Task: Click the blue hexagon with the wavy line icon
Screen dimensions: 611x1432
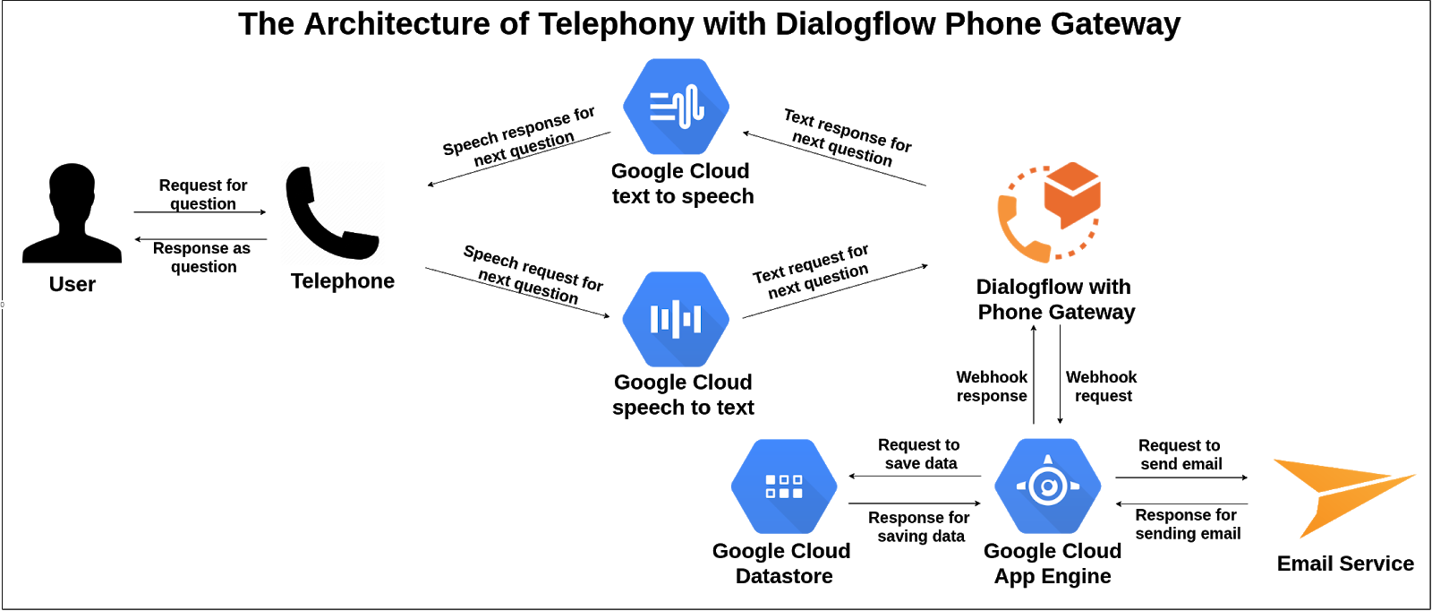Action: coord(676,107)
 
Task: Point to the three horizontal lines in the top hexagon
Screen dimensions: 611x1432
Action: coord(662,106)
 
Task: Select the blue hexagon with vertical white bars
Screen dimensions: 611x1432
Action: coord(676,319)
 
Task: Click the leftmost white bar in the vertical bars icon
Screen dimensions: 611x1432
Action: coord(654,319)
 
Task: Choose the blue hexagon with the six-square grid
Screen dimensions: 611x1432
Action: coord(784,486)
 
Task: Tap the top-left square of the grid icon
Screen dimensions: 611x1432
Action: coord(771,480)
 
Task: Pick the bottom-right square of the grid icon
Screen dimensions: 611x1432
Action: coord(797,493)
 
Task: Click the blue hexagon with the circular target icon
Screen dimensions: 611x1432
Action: coord(1047,486)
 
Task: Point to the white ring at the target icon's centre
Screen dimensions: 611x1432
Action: coord(1047,486)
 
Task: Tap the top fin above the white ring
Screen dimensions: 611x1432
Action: coord(1047,460)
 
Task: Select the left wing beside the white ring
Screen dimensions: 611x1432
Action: coord(1022,486)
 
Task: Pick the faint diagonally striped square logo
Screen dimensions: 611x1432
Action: coord(333,212)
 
